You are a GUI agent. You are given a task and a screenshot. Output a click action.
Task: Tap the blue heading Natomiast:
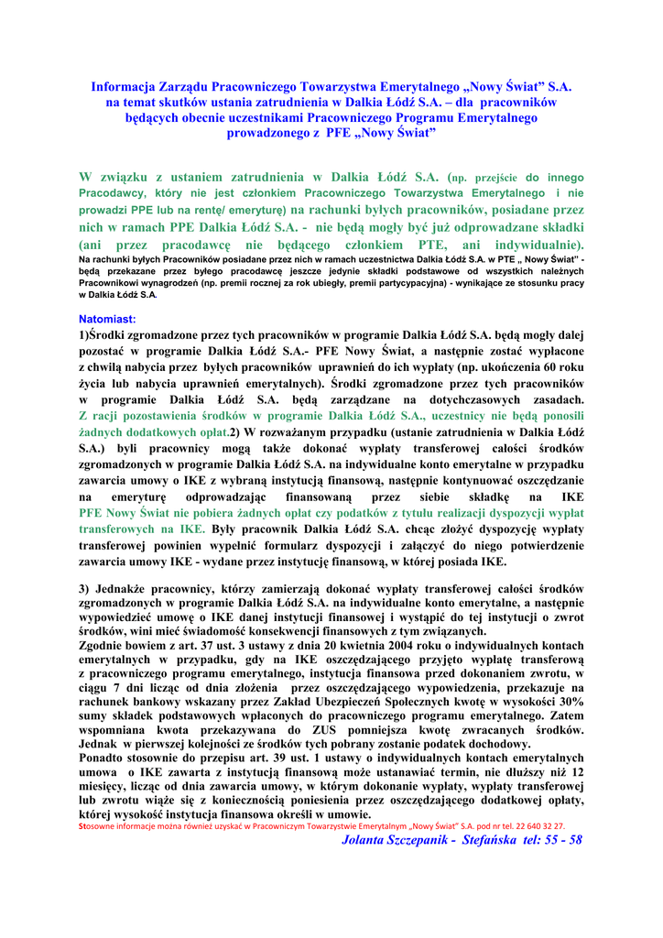click(107, 318)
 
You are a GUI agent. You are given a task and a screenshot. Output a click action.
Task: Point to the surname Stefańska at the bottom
click(492, 840)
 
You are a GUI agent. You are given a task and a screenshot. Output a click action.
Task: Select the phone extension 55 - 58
click(562, 840)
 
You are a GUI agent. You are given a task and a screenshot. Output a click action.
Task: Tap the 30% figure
click(571, 703)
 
